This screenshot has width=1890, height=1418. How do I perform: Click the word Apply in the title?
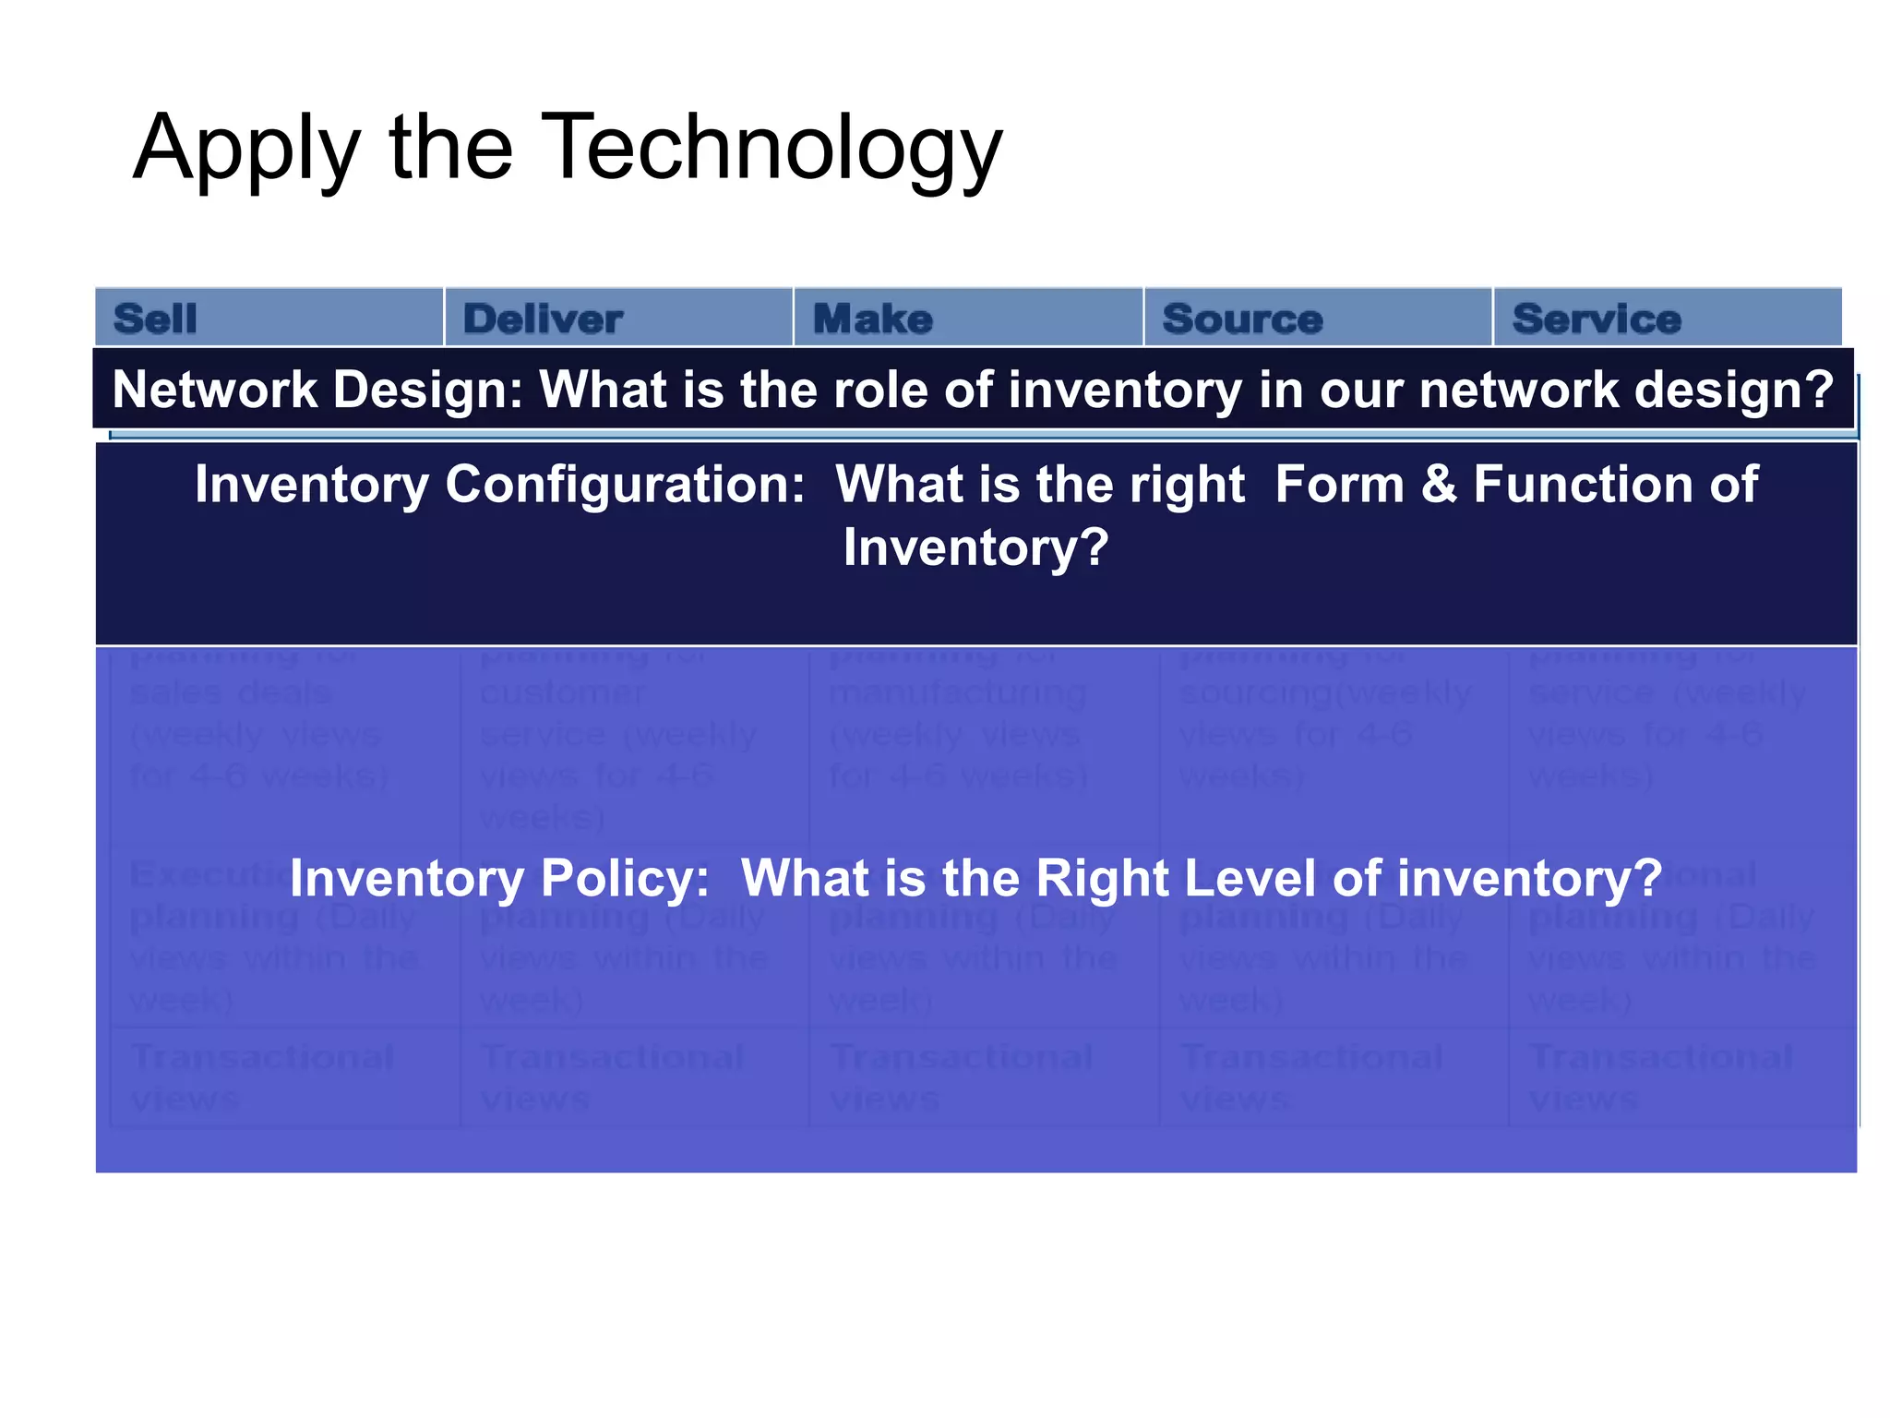245,148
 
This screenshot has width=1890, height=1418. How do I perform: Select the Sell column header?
155,319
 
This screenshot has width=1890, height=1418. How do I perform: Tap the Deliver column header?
543,319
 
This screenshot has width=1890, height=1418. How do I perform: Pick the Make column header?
872,319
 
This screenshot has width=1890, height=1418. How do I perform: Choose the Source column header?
1242,319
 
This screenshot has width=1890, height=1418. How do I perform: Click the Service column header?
1597,319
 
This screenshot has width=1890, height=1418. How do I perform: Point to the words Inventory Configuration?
499,485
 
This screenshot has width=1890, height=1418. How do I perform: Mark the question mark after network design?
1821,390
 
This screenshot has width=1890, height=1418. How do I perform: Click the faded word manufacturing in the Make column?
958,692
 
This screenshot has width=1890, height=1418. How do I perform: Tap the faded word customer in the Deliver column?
562,692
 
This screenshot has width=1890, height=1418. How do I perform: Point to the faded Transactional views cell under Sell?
262,1077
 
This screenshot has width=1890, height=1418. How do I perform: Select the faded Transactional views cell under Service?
1660,1077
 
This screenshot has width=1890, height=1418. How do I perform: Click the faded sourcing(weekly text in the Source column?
1325,692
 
